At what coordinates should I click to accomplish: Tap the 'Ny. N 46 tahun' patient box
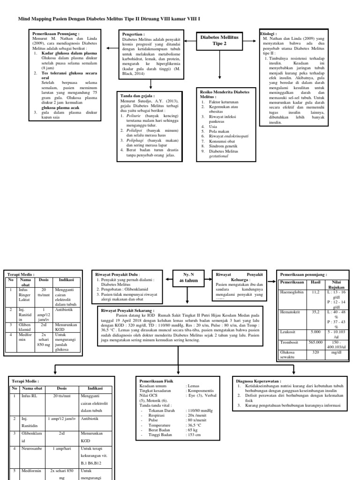tap(187, 277)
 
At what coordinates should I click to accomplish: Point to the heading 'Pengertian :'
tap(133, 35)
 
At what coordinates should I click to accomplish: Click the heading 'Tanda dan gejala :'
tap(137, 96)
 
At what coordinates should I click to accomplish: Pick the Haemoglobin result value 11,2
tap(315, 292)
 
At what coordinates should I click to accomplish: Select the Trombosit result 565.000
tap(315, 343)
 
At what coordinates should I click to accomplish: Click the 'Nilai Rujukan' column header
tap(336, 284)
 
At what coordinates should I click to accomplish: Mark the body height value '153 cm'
tap(195, 435)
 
